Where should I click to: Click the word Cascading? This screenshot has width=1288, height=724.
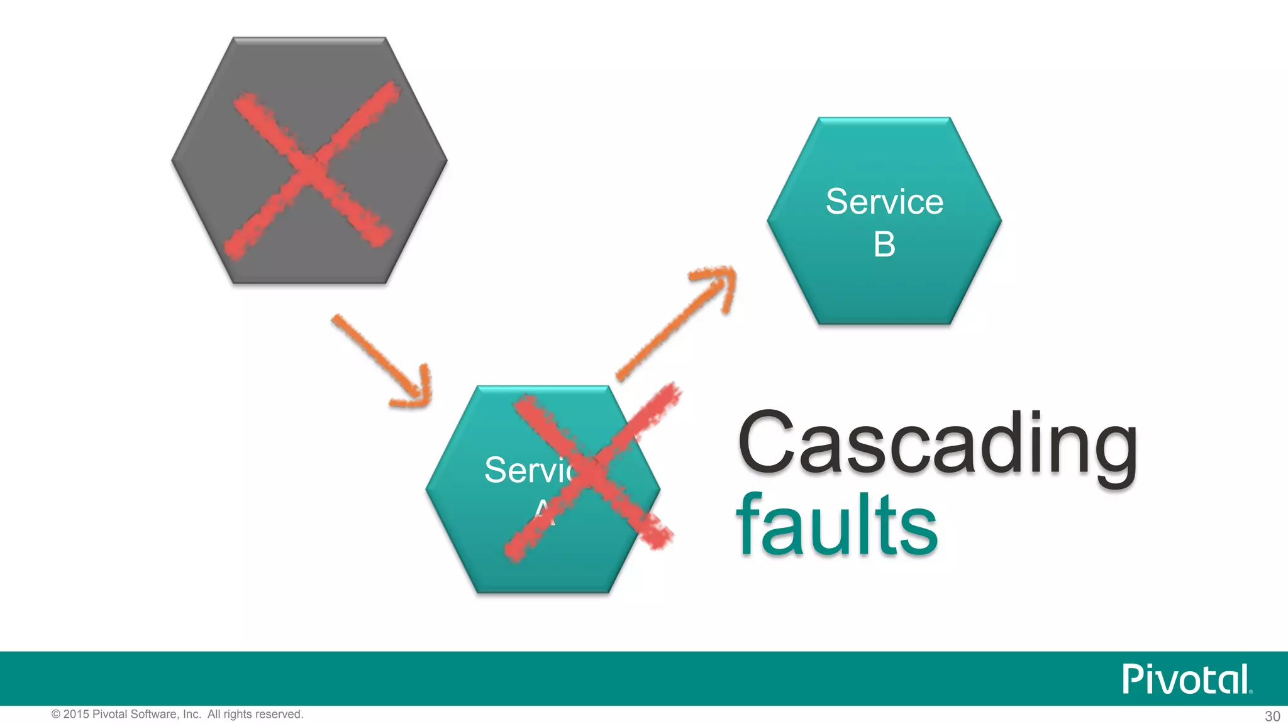click(x=937, y=443)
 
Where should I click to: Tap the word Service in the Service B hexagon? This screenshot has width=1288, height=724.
click(x=884, y=202)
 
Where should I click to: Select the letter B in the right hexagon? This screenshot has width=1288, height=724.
click(x=884, y=244)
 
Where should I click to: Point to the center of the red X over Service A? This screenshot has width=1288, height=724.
click(x=591, y=471)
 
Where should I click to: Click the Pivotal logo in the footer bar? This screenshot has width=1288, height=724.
click(x=1186, y=679)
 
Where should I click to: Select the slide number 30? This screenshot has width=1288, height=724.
click(x=1272, y=716)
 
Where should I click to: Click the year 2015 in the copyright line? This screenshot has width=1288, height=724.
click(x=76, y=715)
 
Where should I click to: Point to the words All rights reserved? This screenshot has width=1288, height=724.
click(x=255, y=715)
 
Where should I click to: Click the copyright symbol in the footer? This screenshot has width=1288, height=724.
click(x=56, y=715)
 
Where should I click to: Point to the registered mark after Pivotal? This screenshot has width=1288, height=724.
click(x=1251, y=691)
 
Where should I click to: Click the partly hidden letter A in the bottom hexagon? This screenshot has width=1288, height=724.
click(x=543, y=513)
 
